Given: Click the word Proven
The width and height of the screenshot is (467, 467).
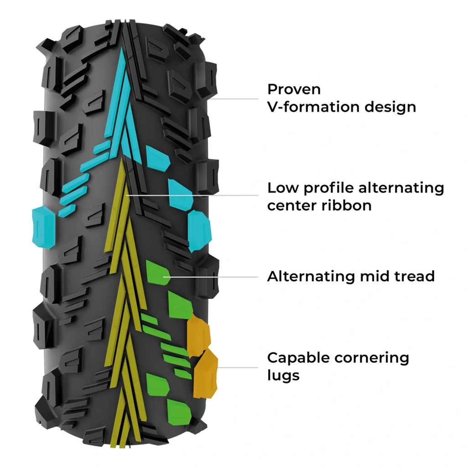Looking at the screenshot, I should point(287,89).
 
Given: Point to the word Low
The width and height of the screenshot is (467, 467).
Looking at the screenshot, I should point(283,187).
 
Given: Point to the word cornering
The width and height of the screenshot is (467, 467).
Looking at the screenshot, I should point(372,358).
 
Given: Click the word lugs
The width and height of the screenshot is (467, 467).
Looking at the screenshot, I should point(283,376).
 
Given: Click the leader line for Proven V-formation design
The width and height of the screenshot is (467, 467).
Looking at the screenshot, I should point(237,99).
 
